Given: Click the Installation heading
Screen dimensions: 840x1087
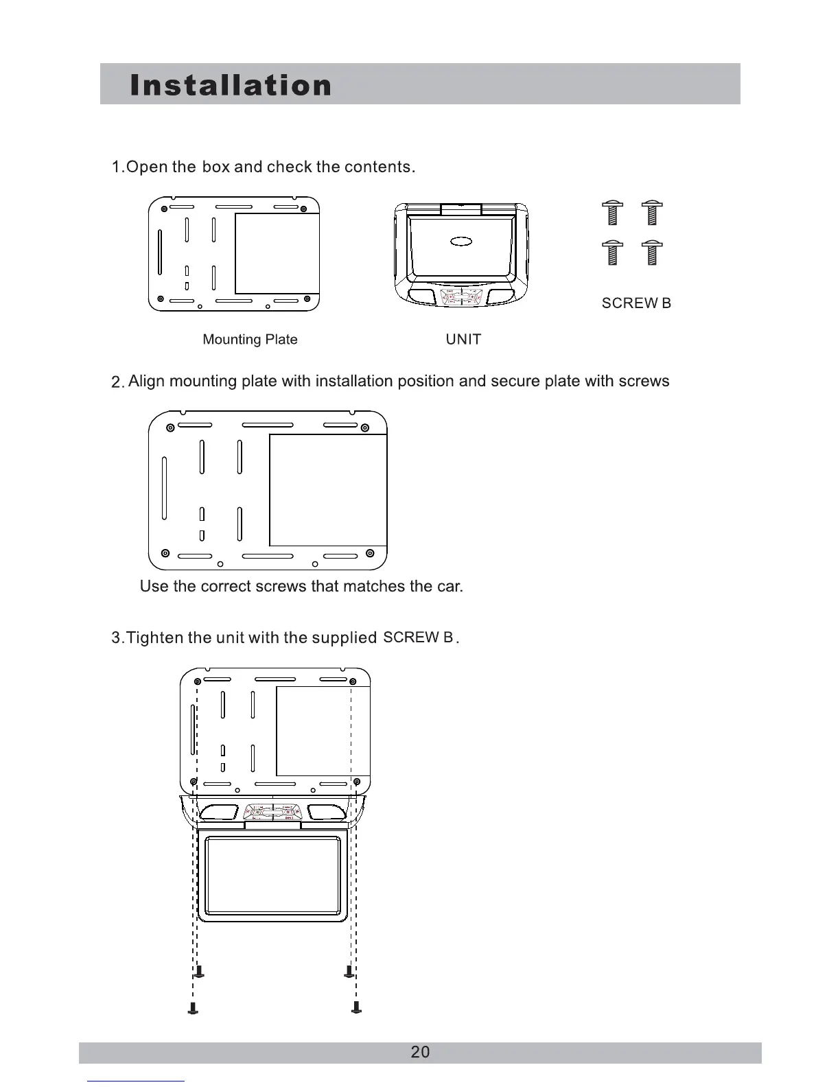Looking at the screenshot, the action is coord(231,85).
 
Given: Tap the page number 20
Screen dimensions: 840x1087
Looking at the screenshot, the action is coord(420,1052).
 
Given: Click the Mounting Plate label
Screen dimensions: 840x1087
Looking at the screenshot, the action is coord(250,340).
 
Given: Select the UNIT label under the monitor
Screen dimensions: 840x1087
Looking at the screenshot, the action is coord(463,340).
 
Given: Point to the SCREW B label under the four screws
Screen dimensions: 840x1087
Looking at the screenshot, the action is coord(636,303).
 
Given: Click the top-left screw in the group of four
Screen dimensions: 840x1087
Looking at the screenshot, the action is coord(613,213).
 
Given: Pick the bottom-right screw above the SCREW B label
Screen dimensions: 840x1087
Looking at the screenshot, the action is coord(652,253).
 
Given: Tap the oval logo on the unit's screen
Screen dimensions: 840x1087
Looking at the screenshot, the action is coord(462,241).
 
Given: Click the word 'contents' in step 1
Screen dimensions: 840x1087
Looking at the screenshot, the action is coord(377,167).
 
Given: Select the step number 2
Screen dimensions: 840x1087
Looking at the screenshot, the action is coord(117,382).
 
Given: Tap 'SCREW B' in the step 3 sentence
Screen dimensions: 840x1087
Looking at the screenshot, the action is coord(418,638).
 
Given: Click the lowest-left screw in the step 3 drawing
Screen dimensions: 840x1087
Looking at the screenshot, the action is coord(194,1007).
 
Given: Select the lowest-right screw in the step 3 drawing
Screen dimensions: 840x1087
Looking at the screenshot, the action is coord(356,1007).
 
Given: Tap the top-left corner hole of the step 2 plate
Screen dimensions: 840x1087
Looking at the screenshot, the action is coord(170,429).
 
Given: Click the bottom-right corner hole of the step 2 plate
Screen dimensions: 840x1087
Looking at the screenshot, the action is coord(370,553).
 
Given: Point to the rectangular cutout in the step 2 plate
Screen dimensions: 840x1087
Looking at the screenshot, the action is coord(327,490).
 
